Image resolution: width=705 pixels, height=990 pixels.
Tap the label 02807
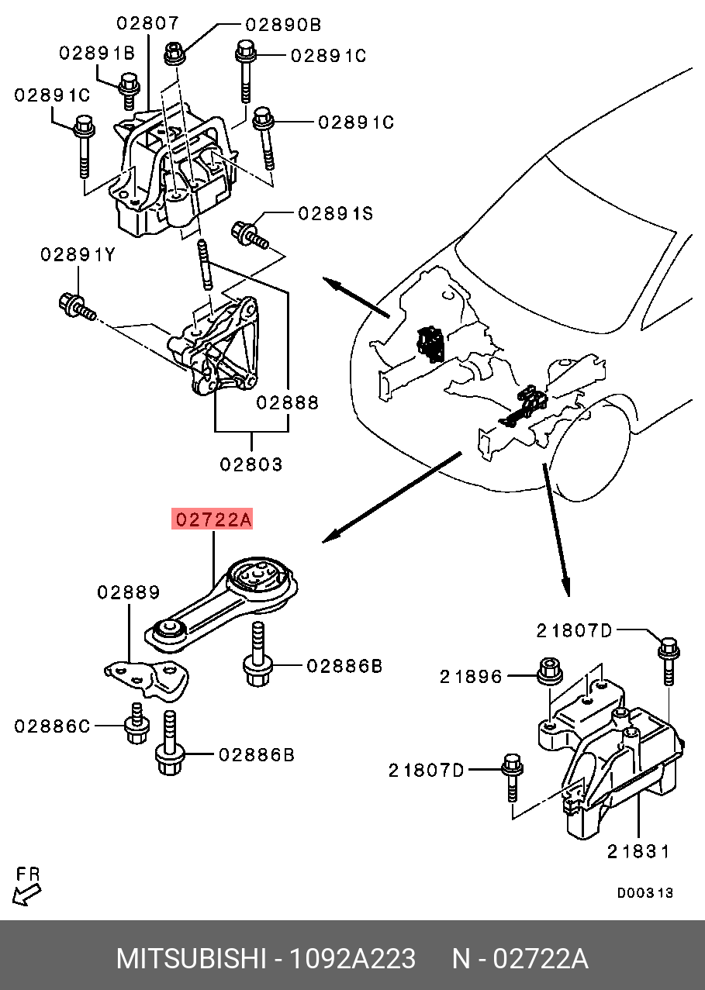coord(147,24)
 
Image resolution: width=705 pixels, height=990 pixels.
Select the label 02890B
coord(283,25)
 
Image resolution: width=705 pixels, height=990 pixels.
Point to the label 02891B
coord(97,53)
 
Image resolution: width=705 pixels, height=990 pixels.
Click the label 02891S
coord(335,213)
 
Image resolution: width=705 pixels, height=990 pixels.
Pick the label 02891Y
coord(78,254)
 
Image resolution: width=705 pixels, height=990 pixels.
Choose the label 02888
coord(288,402)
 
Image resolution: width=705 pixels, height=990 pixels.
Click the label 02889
coord(129,592)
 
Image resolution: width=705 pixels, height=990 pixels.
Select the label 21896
coord(471,677)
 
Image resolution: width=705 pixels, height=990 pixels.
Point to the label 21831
coord(638,851)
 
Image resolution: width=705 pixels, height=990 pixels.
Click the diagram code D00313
coord(645,893)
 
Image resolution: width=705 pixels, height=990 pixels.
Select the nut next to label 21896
coord(550,671)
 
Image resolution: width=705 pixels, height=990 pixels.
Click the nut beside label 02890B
coord(173,53)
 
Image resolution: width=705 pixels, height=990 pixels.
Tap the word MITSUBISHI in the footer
coord(190,959)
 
